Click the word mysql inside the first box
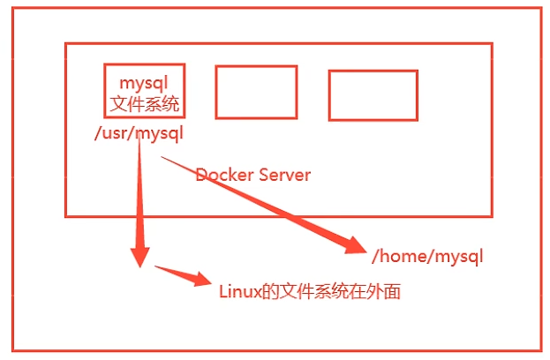tap(144, 82)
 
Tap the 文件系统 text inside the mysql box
tap(145, 104)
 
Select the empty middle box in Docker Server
tap(256, 92)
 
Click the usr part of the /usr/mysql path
tap(113, 134)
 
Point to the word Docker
tap(223, 175)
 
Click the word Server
tap(283, 175)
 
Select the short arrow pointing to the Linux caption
tap(181, 274)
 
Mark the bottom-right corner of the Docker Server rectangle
tap(492, 215)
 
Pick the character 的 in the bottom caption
tap(270, 291)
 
